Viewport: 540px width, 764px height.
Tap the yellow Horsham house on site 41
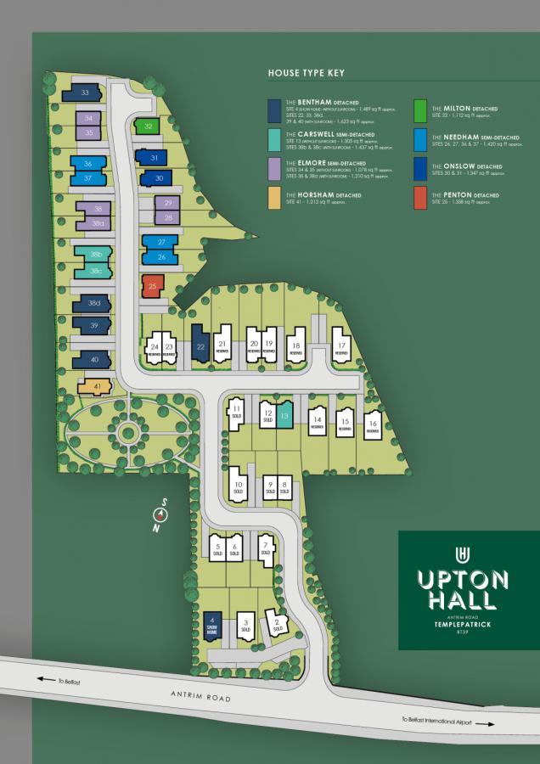[95, 387]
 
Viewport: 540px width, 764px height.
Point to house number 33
[86, 93]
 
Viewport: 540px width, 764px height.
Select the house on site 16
[372, 425]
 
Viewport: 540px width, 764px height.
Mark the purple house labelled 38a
[99, 223]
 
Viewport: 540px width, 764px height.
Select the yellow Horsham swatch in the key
[274, 196]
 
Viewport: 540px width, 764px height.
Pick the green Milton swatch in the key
[420, 110]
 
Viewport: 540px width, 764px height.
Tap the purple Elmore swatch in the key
[274, 168]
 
